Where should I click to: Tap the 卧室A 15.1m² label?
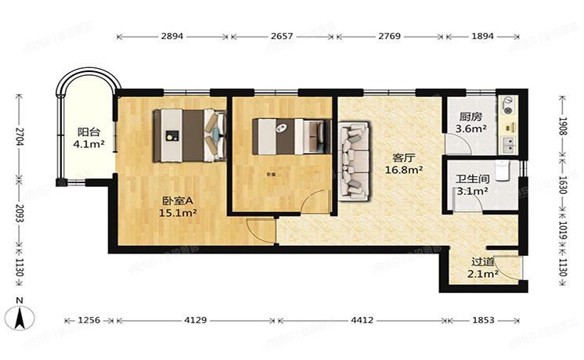(178, 205)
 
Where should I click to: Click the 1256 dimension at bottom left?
(89, 320)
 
